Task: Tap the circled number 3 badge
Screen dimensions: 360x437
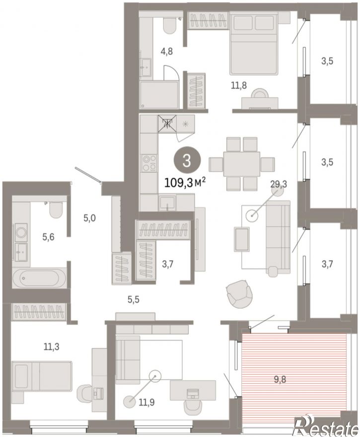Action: coord(186,161)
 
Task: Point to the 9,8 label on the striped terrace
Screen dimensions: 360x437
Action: coord(280,379)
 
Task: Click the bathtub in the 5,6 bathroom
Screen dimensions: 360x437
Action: coord(40,278)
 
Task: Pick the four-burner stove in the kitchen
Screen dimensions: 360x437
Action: coord(149,163)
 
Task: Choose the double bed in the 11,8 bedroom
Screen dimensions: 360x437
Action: coord(254,45)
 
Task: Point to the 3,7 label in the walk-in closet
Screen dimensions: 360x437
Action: coord(168,264)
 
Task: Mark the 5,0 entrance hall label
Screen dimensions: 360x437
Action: coord(89,218)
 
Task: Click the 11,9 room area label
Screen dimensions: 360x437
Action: coord(146,402)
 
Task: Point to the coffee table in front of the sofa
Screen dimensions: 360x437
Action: coord(242,239)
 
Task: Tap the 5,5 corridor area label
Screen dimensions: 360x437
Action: coord(134,299)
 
